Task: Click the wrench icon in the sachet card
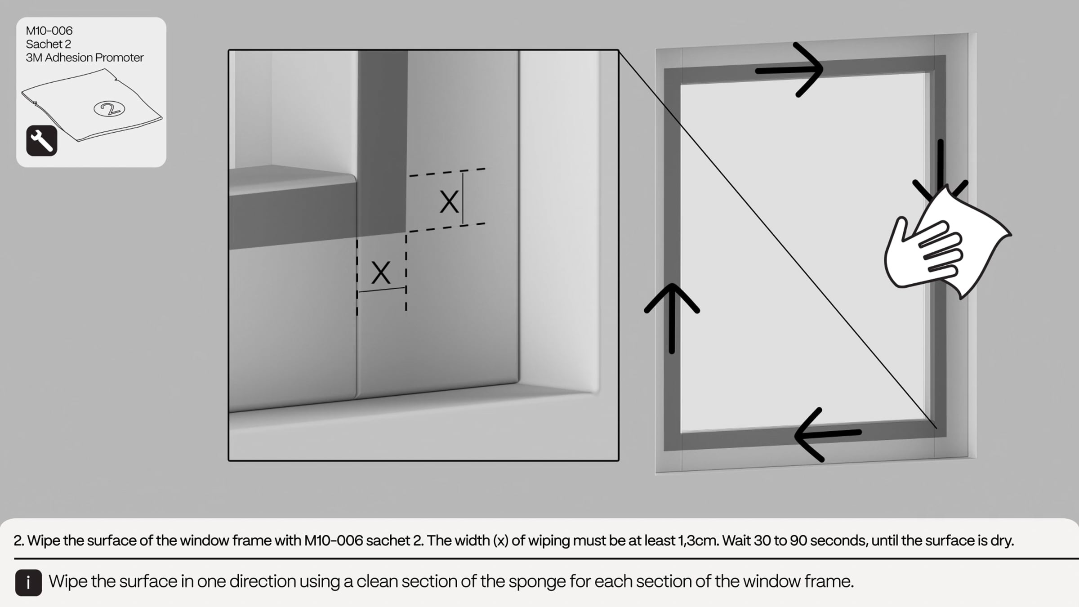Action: (42, 141)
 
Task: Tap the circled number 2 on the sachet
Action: (109, 109)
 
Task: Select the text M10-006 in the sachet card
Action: (49, 31)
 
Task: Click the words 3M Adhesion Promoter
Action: (85, 58)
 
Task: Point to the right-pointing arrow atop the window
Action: (789, 70)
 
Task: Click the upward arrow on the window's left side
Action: (672, 318)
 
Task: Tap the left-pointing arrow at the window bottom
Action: (828, 434)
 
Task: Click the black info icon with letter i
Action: (28, 583)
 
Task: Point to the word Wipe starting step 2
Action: (44, 540)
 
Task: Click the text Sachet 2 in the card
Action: (49, 44)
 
